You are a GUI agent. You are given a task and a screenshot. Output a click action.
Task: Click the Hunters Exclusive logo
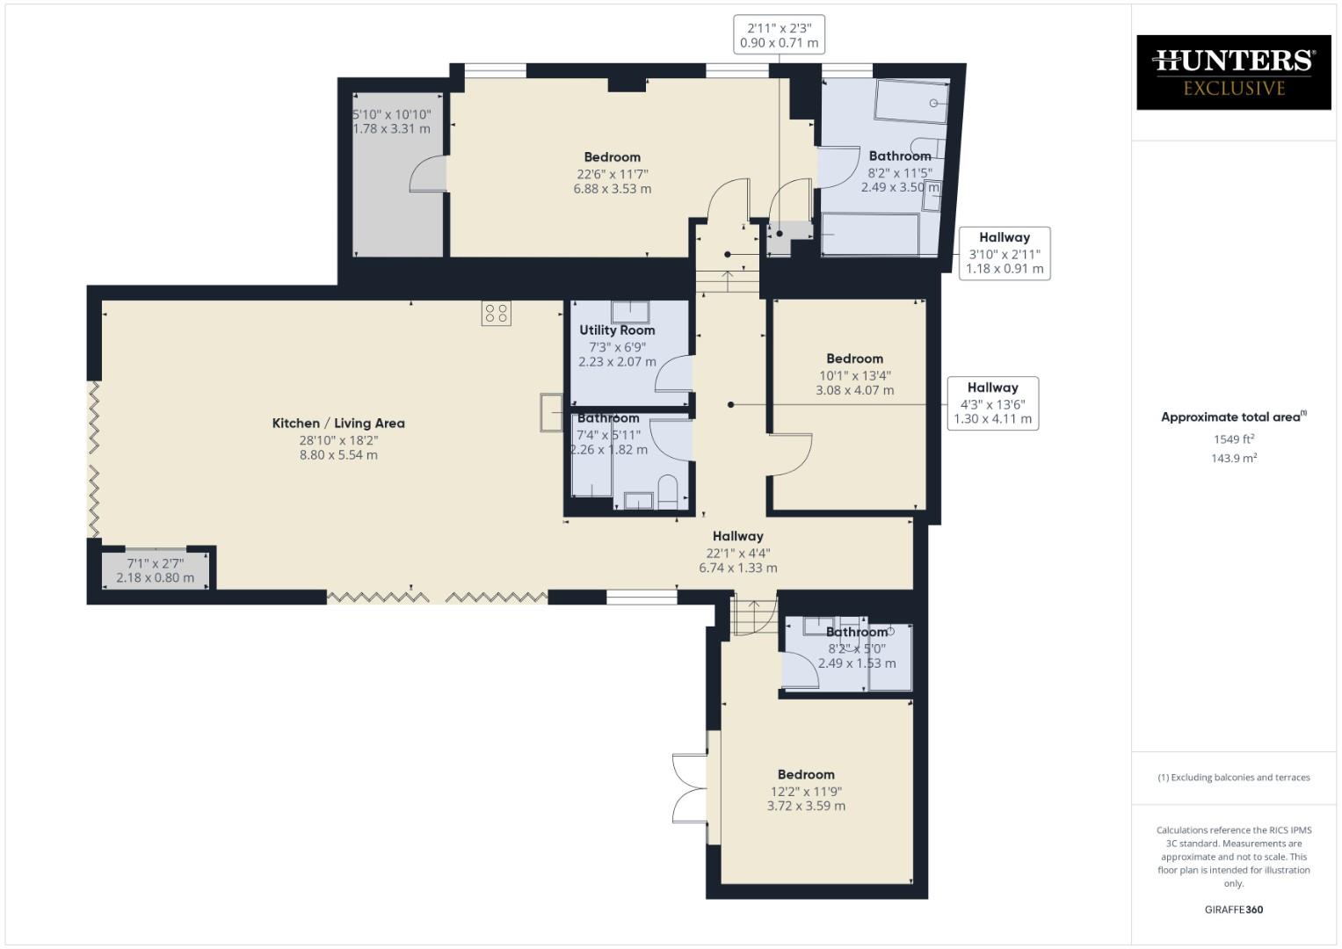(1233, 72)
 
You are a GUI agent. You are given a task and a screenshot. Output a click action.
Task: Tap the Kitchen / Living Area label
(338, 424)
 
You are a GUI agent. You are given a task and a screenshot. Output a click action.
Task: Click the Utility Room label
(617, 330)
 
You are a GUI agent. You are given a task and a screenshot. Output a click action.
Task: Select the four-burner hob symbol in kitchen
(497, 314)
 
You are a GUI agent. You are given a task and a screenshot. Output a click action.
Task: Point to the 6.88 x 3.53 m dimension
(613, 189)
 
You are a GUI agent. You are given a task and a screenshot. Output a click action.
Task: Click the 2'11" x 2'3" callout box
(779, 35)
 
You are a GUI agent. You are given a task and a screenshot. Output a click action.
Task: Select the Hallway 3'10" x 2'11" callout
(1004, 253)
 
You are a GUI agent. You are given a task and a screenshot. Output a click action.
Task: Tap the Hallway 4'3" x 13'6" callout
(992, 403)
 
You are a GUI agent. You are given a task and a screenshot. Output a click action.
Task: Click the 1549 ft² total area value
(1234, 439)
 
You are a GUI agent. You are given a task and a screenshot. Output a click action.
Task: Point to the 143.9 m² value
(1234, 459)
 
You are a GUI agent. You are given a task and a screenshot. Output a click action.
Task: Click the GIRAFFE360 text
(1234, 909)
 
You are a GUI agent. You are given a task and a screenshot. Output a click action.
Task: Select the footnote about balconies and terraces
(1234, 778)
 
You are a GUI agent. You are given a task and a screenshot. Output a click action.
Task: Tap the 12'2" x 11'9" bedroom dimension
(806, 791)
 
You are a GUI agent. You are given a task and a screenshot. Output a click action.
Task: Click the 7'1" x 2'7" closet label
(156, 563)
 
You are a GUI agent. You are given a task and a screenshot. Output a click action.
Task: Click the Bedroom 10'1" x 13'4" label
(854, 359)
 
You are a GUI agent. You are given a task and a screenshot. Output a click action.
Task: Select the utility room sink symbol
(630, 312)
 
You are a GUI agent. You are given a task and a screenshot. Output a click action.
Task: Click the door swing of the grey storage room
(426, 174)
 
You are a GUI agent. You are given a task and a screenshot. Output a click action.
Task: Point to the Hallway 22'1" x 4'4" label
(737, 537)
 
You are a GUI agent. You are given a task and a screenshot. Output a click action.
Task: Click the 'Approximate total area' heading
(1234, 417)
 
